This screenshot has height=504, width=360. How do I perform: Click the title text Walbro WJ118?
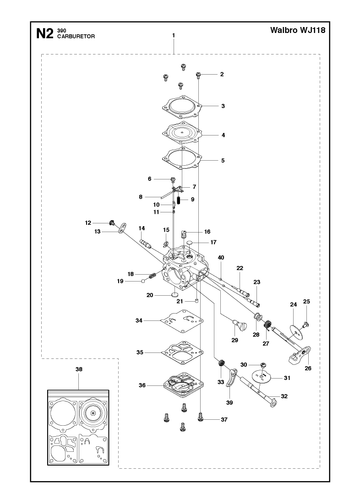[298, 30]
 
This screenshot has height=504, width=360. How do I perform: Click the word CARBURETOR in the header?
[76, 36]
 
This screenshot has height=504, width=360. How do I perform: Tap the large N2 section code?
[45, 34]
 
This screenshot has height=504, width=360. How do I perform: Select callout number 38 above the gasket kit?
[79, 369]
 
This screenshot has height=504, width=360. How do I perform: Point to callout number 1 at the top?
[174, 35]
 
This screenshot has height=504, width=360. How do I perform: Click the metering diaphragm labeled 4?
[182, 134]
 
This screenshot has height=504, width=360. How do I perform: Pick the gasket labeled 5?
[182, 158]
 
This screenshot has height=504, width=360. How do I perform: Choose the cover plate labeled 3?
[182, 107]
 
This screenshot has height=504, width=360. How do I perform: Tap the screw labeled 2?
[198, 75]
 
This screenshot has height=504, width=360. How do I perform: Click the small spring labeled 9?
[179, 200]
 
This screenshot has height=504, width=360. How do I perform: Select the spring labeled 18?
[153, 276]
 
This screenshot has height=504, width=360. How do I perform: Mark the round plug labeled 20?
[174, 295]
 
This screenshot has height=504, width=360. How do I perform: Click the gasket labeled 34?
[182, 320]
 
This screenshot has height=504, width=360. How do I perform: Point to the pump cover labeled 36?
[183, 384]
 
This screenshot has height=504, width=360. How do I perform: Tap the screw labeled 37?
[200, 417]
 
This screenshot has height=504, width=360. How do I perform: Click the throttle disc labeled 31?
[261, 377]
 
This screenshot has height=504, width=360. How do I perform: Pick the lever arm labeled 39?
[231, 378]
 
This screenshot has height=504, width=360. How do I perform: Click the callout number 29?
[235, 340]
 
